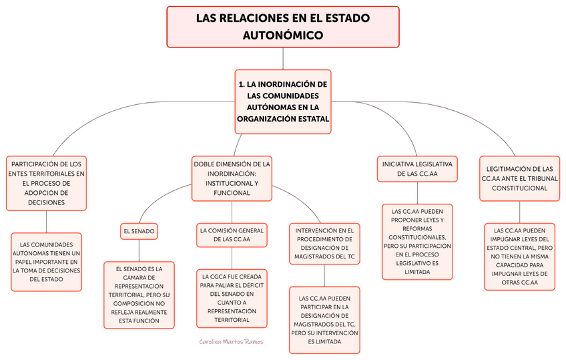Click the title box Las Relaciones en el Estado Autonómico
[x=283, y=27]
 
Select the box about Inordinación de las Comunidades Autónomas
[x=283, y=102]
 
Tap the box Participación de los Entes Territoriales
[x=47, y=183]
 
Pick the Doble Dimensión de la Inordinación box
[x=232, y=178]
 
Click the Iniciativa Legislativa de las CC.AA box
[x=416, y=168]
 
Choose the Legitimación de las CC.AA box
[x=519, y=178]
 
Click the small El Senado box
[x=139, y=231]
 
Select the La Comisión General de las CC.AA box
[x=232, y=234]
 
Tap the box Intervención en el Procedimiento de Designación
[x=324, y=243]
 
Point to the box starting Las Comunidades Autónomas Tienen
[x=47, y=261]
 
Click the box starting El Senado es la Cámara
[x=139, y=295]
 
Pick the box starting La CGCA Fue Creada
[x=232, y=297]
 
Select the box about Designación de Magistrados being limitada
[x=324, y=320]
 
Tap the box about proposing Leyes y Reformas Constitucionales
[x=416, y=241]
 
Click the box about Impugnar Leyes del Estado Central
[x=519, y=256]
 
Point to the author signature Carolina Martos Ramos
[x=231, y=341]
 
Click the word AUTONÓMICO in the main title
[x=283, y=35]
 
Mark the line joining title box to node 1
[x=283, y=59]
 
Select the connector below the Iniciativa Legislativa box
[x=416, y=193]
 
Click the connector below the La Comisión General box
[x=232, y=257]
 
